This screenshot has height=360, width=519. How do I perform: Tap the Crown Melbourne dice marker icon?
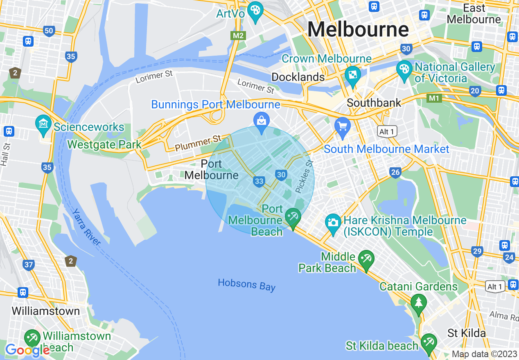(x=352, y=75)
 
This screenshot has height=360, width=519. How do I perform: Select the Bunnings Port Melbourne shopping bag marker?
(x=261, y=121)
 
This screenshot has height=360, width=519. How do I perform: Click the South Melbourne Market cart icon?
(x=342, y=126)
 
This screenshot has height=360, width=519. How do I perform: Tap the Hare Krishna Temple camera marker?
(x=333, y=223)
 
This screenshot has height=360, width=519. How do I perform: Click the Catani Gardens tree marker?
(x=418, y=303)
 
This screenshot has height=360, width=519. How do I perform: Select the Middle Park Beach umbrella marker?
(x=366, y=259)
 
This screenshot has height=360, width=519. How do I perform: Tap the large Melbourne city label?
(x=358, y=29)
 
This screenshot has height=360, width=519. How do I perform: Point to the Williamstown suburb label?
(x=45, y=311)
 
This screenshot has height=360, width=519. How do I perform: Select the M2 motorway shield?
(x=238, y=36)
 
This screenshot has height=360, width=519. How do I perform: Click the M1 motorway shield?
(x=434, y=98)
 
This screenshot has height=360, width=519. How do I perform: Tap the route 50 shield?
(x=49, y=31)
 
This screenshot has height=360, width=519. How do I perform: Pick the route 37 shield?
(x=28, y=265)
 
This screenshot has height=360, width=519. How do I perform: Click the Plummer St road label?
(x=198, y=143)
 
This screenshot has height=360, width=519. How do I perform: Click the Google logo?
(x=27, y=350)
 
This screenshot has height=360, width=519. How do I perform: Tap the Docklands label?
(x=298, y=77)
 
